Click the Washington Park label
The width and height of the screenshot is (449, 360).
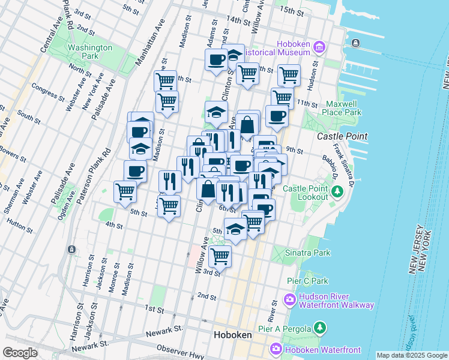[90, 52]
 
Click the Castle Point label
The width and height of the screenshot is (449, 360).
[342, 137]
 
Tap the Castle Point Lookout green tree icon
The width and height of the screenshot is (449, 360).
[337, 191]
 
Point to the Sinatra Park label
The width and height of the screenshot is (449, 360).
[308, 253]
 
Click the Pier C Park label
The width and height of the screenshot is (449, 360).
[307, 281]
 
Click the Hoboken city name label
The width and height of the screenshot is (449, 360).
[234, 335]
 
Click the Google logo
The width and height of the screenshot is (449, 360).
[20, 353]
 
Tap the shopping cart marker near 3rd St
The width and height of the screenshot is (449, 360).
[220, 256]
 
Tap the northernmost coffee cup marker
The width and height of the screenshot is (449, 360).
[216, 59]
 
